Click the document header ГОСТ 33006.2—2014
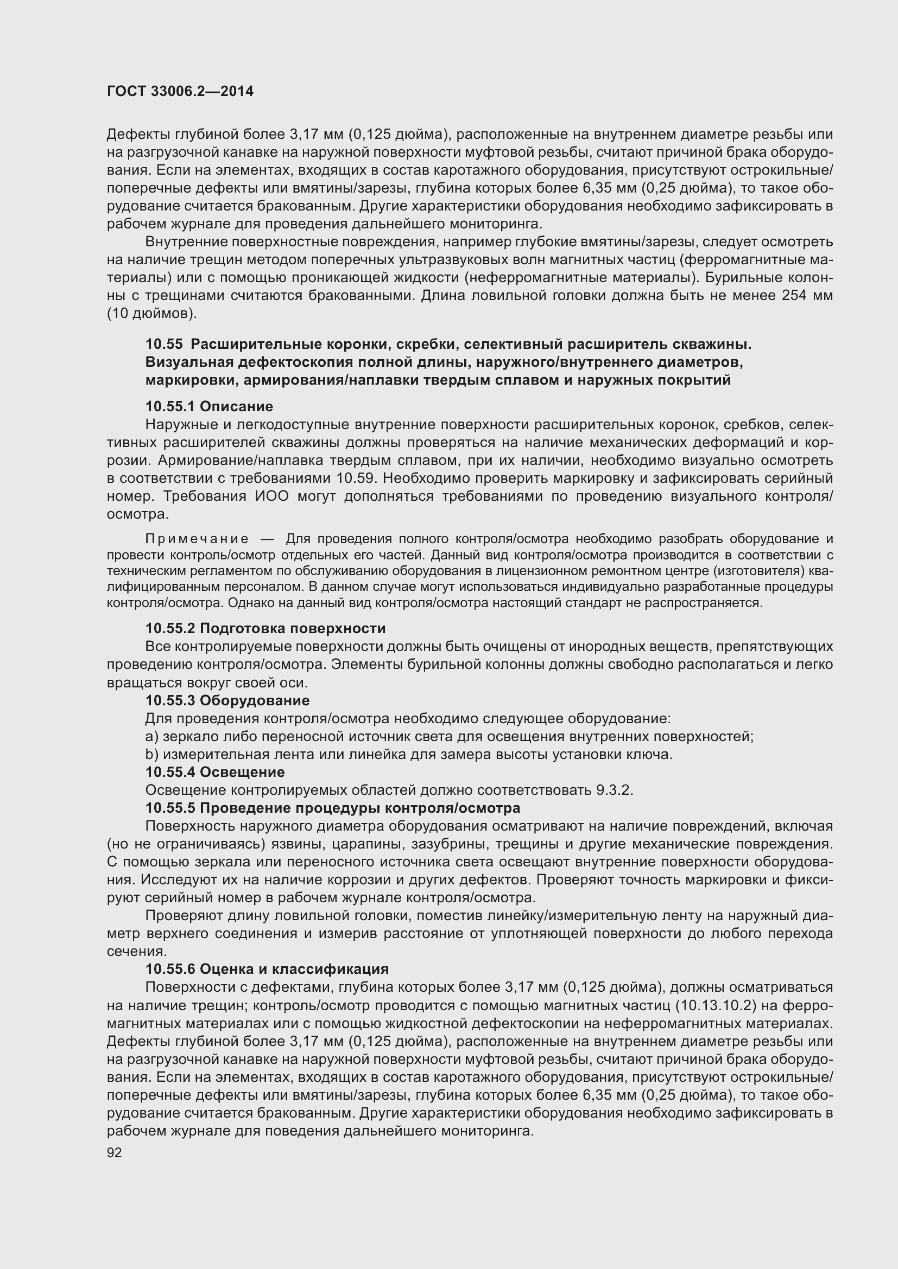(180, 92)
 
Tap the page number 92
(115, 1153)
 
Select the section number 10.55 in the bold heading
(163, 345)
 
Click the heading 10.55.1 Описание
(209, 407)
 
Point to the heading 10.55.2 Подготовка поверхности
(265, 628)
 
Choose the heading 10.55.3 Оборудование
(227, 701)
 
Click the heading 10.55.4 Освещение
(215, 772)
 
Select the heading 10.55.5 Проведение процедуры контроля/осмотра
(332, 808)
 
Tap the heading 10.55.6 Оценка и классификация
(267, 969)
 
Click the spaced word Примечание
(197, 539)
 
